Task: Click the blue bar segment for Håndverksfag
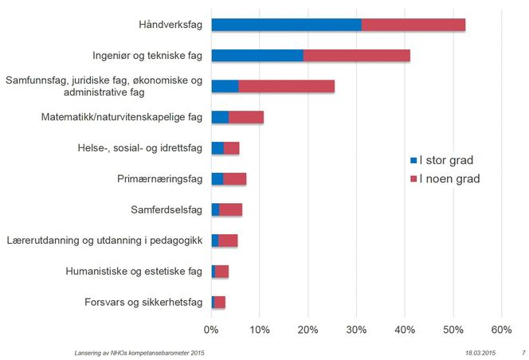(286, 25)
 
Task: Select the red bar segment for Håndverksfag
(413, 25)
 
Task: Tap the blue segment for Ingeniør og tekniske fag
(257, 56)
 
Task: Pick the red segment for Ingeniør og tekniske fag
(356, 56)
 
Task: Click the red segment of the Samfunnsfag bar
(286, 86)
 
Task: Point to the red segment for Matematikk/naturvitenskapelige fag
(246, 117)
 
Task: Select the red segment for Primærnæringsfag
(234, 178)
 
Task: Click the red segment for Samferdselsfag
(230, 209)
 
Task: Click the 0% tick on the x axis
(211, 329)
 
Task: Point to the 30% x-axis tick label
(356, 329)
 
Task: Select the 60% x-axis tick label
(500, 329)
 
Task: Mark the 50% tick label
(453, 329)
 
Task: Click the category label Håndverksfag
(170, 25)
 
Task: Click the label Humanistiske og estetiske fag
(135, 272)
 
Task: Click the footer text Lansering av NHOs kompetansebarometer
(134, 351)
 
